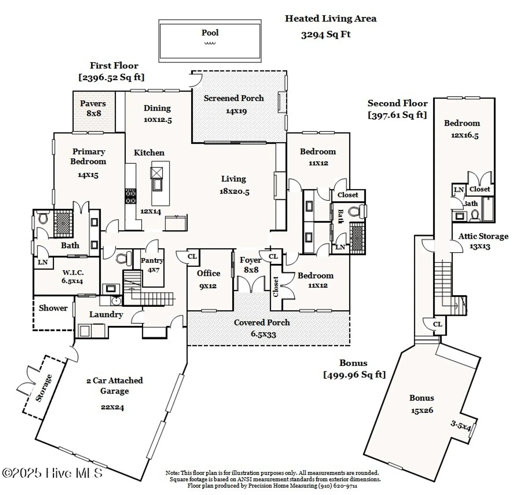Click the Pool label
click(210, 33)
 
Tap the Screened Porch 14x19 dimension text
click(236, 111)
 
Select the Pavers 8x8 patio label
click(93, 108)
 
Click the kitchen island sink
click(157, 184)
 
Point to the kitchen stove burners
click(130, 197)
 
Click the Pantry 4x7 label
click(152, 265)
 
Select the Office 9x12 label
click(208, 279)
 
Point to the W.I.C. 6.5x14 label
click(73, 277)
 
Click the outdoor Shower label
click(53, 308)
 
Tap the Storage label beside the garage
click(44, 388)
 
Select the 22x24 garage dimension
click(112, 407)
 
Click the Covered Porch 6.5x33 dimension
click(263, 334)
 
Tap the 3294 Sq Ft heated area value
click(326, 34)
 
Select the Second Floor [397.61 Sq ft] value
click(397, 115)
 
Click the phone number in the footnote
click(338, 486)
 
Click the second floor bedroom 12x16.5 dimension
click(465, 135)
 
